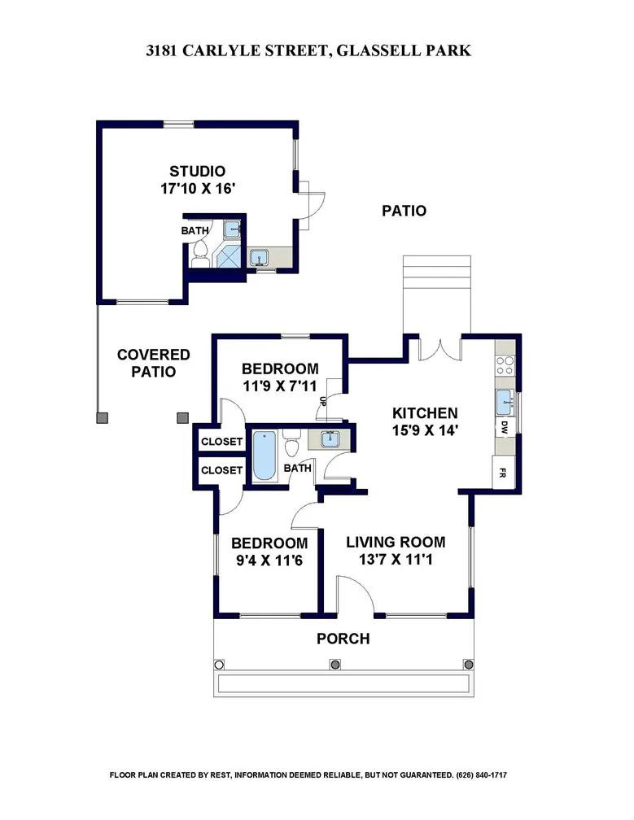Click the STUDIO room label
pos(197,171)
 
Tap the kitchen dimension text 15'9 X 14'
pos(426,430)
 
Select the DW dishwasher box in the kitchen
pos(505,428)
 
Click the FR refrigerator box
pos(503,473)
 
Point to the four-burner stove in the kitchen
pos(505,365)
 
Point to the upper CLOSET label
pos(222,442)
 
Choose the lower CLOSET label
pos(222,470)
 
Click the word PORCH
pos(343,639)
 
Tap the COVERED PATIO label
pos(153,363)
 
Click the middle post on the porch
pos(334,664)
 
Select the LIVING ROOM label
pos(396,542)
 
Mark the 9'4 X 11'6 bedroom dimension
pos(269,560)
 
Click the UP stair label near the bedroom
pos(323,402)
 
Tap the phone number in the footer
pos(482,774)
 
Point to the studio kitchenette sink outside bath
pos(259,257)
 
